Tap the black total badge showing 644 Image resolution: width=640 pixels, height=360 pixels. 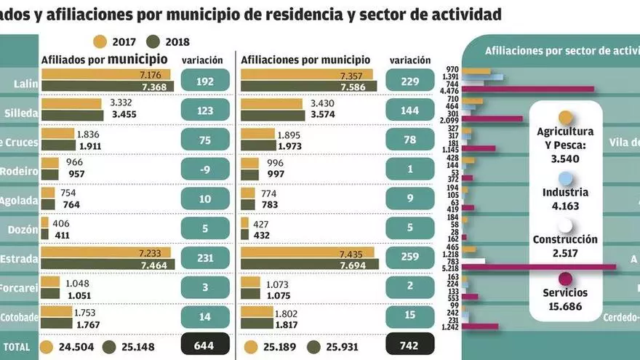(x=205, y=346)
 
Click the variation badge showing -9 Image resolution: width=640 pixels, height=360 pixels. (x=205, y=169)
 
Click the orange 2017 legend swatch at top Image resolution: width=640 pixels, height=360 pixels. (x=100, y=41)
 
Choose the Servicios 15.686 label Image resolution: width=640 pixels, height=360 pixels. (x=564, y=300)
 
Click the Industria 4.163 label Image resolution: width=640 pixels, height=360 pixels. (x=564, y=199)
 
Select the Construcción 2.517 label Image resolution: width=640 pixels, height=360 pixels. (x=564, y=246)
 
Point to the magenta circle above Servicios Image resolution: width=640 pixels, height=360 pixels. (x=565, y=279)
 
